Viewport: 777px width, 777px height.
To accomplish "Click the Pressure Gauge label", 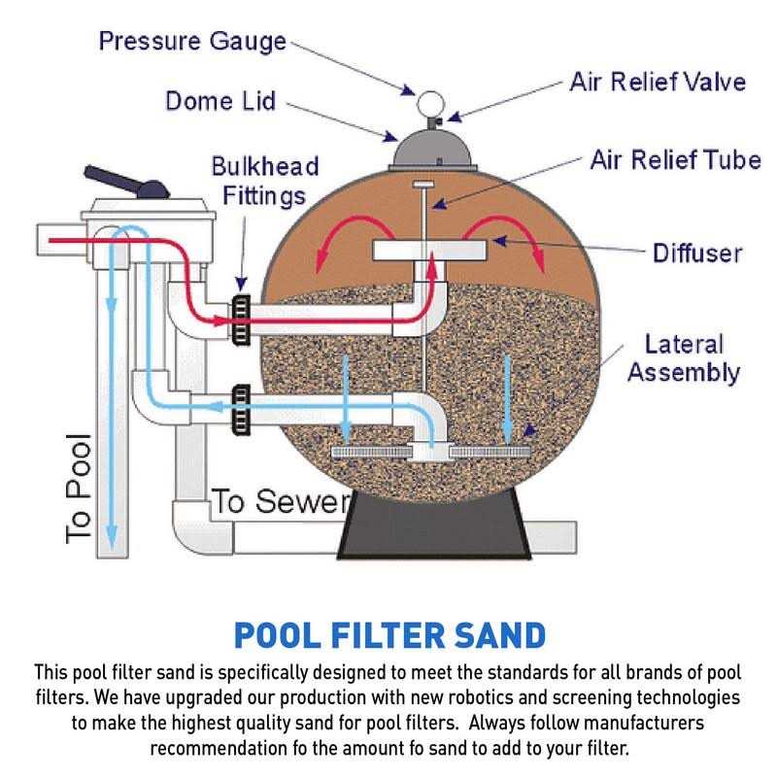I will click(x=193, y=42).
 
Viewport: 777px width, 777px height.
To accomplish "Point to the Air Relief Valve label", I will click(x=657, y=81).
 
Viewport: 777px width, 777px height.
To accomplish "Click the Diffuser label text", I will click(x=696, y=253).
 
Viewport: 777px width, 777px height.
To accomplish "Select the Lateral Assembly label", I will click(x=684, y=357).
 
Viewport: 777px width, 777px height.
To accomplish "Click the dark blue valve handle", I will click(x=127, y=183).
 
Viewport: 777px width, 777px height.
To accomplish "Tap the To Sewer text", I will click(x=279, y=502).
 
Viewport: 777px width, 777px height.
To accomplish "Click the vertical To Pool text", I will click(x=77, y=486).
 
